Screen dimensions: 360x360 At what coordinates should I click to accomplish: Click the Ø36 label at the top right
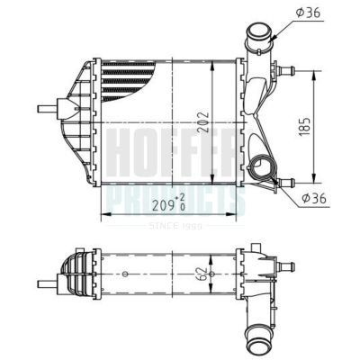310,13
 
